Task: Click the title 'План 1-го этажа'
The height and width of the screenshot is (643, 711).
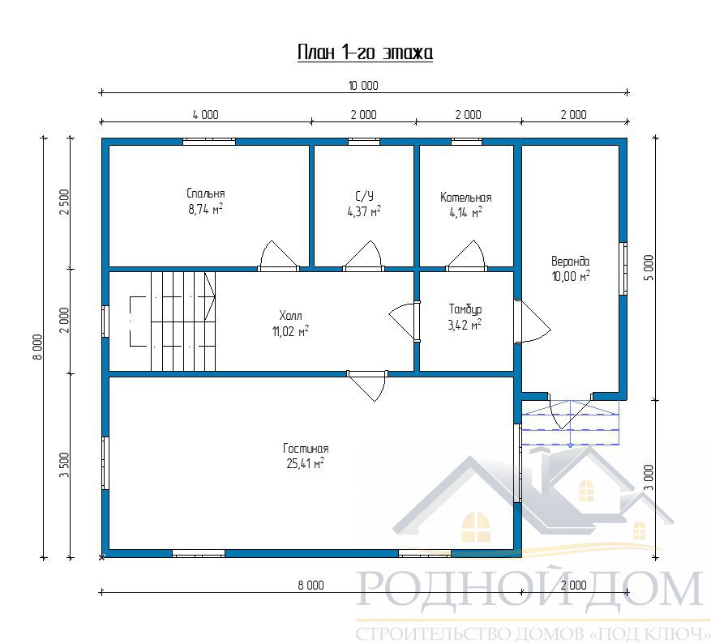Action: tap(365, 53)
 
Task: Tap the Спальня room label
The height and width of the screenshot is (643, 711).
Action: tap(206, 194)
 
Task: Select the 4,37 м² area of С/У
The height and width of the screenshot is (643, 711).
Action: tap(364, 211)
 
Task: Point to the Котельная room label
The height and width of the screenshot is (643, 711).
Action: tap(465, 198)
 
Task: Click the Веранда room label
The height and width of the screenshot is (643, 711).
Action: tap(571, 262)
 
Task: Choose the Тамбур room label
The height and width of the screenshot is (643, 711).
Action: tap(465, 309)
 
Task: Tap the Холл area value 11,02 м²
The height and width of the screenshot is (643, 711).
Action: tap(290, 332)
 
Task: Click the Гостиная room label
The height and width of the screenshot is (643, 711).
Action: tap(306, 449)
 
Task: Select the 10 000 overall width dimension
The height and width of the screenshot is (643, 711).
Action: tap(363, 86)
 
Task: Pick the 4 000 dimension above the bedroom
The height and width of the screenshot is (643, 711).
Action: tap(205, 114)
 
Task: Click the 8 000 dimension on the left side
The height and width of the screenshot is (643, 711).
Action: tap(38, 347)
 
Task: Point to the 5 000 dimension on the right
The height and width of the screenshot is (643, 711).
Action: tap(649, 268)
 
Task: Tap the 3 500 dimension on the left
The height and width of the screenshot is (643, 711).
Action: tap(64, 465)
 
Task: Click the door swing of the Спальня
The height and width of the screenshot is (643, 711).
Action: tap(278, 256)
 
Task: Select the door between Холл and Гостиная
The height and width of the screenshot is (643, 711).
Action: tap(367, 385)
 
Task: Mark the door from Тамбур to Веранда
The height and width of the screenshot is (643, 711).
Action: tap(533, 321)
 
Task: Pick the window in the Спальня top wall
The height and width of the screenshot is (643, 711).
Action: tap(209, 141)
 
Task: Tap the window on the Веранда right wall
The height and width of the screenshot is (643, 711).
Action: tap(623, 268)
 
